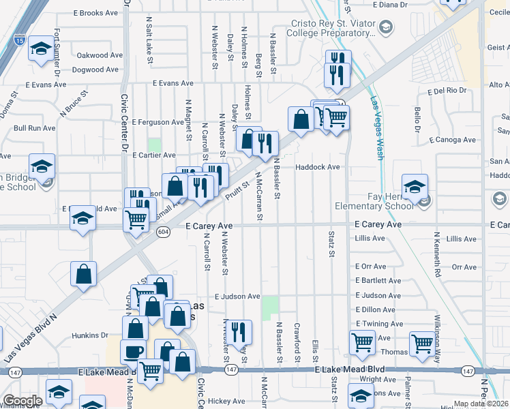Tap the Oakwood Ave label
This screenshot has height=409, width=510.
(100, 55)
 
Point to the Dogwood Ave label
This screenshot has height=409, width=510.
(99, 70)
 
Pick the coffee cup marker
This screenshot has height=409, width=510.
(133, 350)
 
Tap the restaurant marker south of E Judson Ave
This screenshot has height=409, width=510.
(238, 331)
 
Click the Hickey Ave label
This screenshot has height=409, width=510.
(226, 402)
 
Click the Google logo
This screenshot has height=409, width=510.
(22, 401)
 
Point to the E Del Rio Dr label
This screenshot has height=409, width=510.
(447, 91)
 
